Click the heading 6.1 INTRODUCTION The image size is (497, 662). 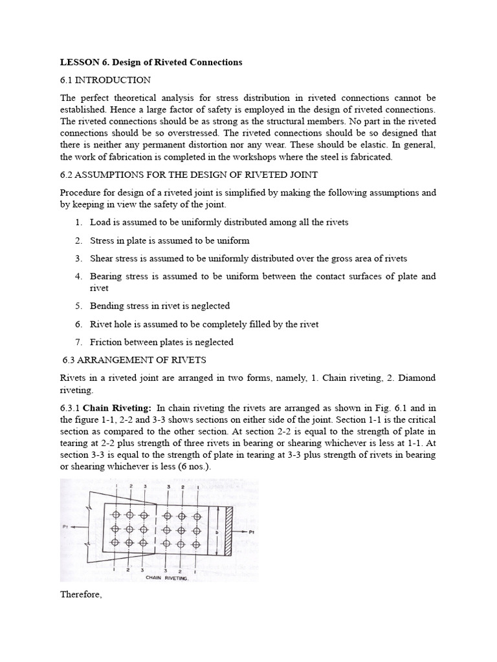[105, 80]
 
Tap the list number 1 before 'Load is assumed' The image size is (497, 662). [78, 222]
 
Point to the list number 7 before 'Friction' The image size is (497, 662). [78, 342]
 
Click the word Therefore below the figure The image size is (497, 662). [81, 595]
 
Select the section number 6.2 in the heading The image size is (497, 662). [67, 175]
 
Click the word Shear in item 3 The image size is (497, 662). [102, 259]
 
